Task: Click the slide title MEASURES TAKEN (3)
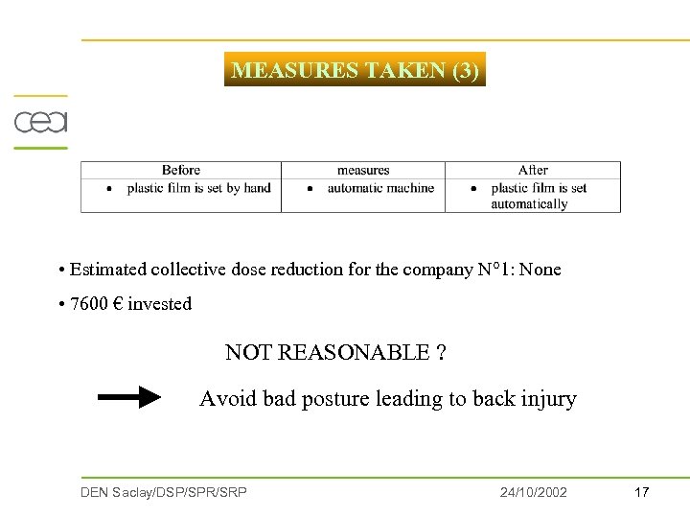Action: click(355, 70)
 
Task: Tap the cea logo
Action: click(40, 123)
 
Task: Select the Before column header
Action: click(180, 170)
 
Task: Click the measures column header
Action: click(363, 170)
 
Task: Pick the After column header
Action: click(533, 170)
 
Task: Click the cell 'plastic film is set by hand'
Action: click(198, 188)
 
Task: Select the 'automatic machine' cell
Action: click(380, 188)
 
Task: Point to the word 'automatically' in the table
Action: click(529, 203)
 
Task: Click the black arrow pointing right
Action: click(130, 397)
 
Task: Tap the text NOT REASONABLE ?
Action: click(335, 352)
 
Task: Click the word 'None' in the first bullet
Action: click(540, 270)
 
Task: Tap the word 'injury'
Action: click(548, 399)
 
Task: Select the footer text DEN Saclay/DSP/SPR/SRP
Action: click(164, 492)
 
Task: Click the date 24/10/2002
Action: click(533, 492)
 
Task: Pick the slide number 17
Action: click(642, 492)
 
